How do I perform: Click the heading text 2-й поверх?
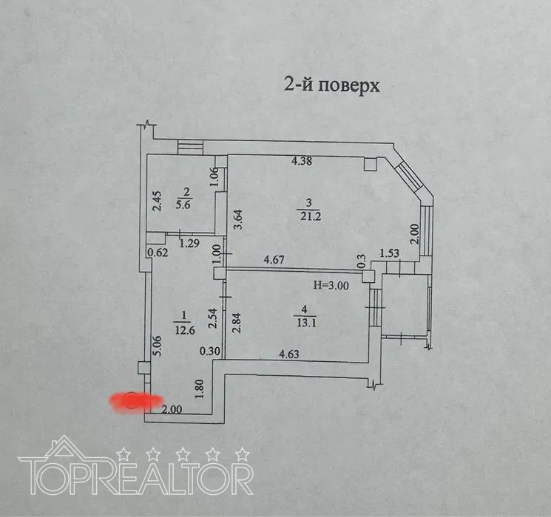click(x=332, y=85)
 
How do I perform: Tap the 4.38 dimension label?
click(x=302, y=161)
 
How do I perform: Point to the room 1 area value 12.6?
click(x=185, y=329)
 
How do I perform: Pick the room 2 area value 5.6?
click(x=183, y=205)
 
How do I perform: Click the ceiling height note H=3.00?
click(x=331, y=286)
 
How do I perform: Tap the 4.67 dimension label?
click(x=274, y=260)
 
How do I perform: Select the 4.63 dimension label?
click(x=289, y=354)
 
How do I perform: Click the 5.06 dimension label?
click(x=158, y=346)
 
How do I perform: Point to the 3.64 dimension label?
click(x=238, y=219)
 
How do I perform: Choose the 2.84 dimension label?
click(x=238, y=322)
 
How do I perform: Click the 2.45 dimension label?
click(x=157, y=201)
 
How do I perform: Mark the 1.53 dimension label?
click(x=389, y=253)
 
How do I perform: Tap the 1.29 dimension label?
click(x=190, y=243)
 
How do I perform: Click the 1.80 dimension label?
click(x=200, y=388)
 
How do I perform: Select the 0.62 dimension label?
click(x=158, y=253)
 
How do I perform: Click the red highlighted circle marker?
click(x=132, y=400)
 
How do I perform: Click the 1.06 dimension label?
click(x=216, y=177)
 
